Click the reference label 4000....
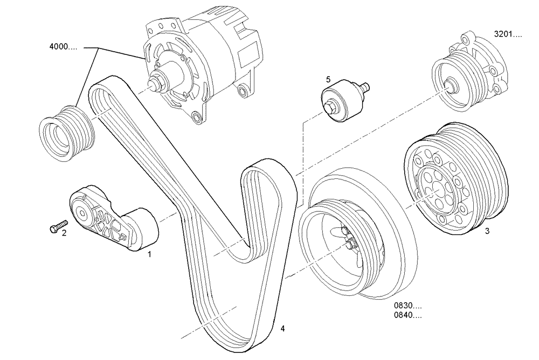click(x=63, y=47)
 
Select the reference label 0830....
click(x=407, y=306)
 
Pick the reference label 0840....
click(x=407, y=316)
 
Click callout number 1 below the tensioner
click(x=150, y=253)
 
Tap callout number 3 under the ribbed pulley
click(x=486, y=232)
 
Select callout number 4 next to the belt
click(x=282, y=327)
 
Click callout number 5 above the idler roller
click(x=328, y=79)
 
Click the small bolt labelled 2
click(x=58, y=226)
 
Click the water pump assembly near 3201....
click(x=472, y=73)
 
